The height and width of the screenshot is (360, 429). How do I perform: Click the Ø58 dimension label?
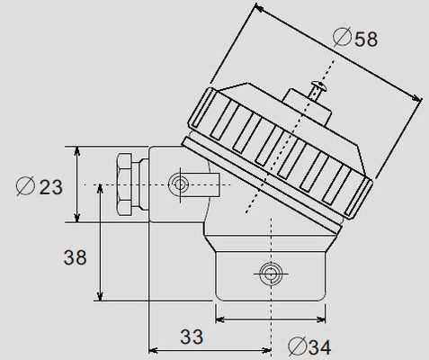[x=355, y=37]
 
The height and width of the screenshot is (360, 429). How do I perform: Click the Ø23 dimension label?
[x=40, y=186]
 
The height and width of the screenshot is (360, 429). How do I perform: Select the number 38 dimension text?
[x=75, y=257]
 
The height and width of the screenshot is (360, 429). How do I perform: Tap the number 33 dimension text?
[x=192, y=337]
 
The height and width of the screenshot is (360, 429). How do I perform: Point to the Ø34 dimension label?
[x=309, y=346]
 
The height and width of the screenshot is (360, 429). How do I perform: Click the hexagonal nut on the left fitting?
[x=123, y=184]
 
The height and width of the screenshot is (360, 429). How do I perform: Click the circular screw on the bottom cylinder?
[x=271, y=274]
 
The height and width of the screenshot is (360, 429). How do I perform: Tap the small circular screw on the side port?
[x=180, y=184]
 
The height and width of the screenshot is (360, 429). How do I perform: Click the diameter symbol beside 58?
[x=342, y=37]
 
